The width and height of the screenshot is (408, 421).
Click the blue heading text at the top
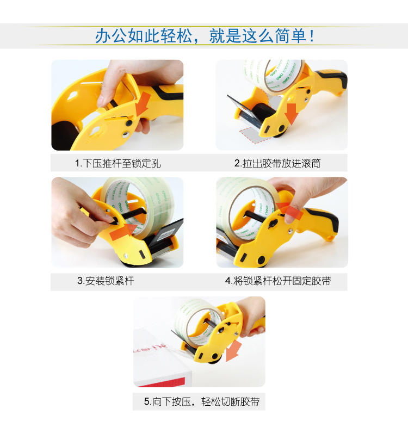tap(205, 36)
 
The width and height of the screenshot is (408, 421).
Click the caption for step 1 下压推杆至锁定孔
tap(118, 163)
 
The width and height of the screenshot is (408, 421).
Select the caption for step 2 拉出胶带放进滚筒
tap(277, 163)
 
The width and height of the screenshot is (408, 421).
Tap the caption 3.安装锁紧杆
tap(106, 281)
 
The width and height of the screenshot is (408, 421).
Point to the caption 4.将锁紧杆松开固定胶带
tap(278, 281)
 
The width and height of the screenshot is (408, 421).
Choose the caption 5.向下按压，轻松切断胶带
tap(201, 401)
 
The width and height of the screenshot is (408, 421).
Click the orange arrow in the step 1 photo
tap(143, 103)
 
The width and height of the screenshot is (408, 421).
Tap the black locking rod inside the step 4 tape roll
tap(257, 216)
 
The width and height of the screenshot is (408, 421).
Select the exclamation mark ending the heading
tap(312, 36)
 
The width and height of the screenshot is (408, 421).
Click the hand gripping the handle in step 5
tap(251, 317)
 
